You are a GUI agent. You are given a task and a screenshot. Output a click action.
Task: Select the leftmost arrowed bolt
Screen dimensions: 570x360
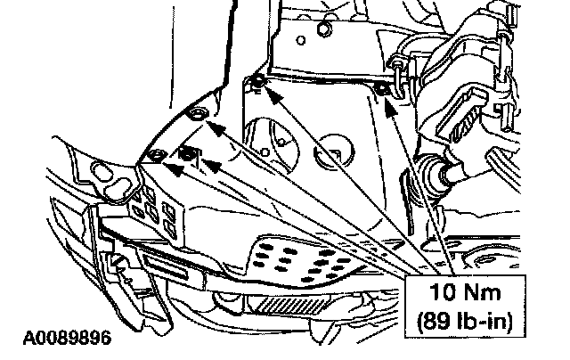click(155, 157)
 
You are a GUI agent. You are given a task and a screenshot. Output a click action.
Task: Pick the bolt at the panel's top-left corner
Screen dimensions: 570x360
click(256, 83)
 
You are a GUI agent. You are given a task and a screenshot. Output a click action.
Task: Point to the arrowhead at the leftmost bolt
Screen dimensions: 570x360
click(167, 163)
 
